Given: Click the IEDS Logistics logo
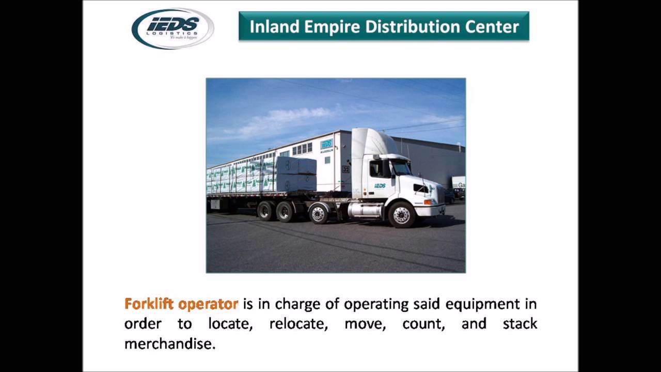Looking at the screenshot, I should coord(172,28).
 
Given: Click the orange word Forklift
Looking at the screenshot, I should coord(149,304).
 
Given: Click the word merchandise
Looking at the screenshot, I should coord(169,344).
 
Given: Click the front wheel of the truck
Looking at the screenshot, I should coord(401,214).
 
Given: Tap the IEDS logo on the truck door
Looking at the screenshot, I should coord(380,185).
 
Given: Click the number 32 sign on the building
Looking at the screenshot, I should coord(345,169).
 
